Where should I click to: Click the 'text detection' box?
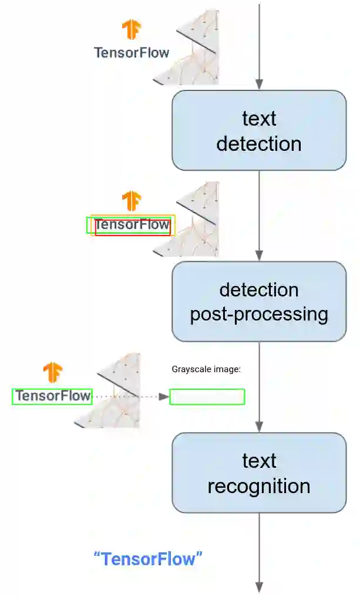pos(258,130)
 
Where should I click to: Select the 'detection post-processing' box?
pos(258,301)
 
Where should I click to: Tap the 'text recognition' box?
pos(258,473)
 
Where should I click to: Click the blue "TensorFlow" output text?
pos(148,558)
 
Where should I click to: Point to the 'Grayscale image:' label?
pos(207,369)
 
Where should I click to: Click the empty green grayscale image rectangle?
pos(207,397)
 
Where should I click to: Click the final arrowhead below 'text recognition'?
pos(259,587)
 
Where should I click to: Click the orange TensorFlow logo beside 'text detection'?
pos(131,29)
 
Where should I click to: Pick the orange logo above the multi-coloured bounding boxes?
pos(131,201)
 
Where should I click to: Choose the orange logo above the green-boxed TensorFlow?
pos(52,372)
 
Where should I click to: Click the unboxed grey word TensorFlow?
pos(132,53)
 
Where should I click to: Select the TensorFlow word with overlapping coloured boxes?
pos(132,224)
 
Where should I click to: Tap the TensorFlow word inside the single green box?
pos(53,396)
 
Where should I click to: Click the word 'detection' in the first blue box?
pos(258,143)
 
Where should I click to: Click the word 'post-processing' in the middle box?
pos(258,314)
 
